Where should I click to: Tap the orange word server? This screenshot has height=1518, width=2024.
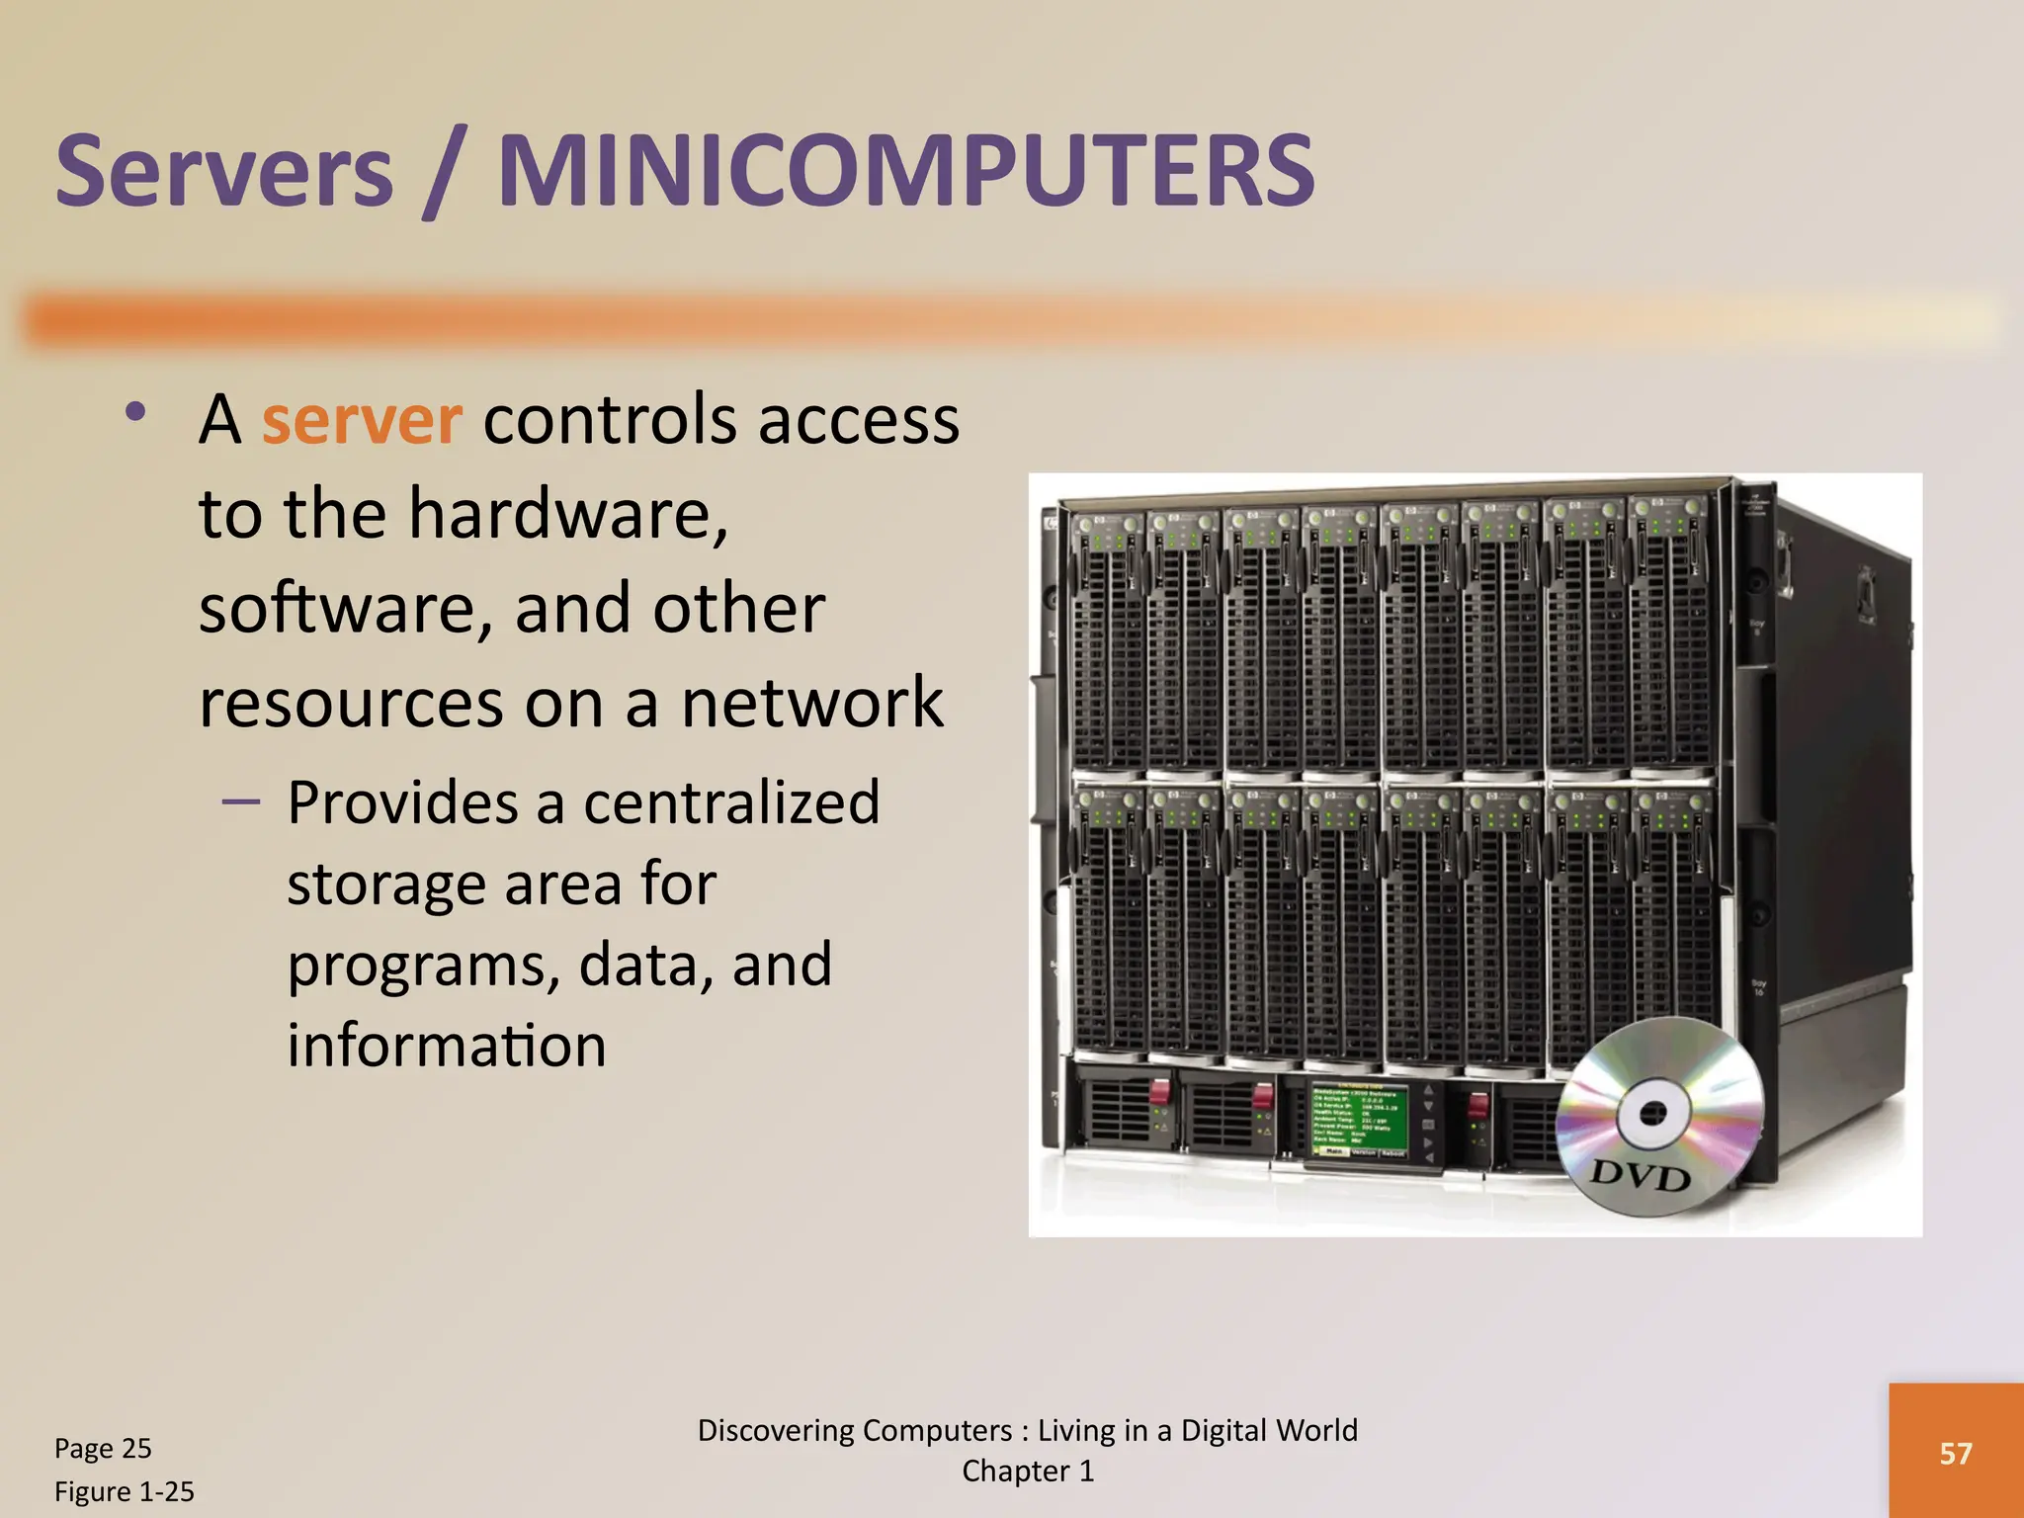(x=362, y=421)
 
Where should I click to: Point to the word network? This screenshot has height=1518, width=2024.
(x=811, y=703)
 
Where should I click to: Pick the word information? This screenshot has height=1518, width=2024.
(x=447, y=1046)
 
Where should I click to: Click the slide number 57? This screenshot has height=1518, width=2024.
(x=1956, y=1453)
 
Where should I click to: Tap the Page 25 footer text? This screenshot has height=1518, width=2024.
(x=103, y=1448)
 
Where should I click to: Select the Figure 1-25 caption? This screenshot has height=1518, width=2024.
(x=125, y=1491)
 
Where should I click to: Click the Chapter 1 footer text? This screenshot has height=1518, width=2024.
(x=1028, y=1472)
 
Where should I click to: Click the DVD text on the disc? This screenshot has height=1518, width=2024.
(x=1640, y=1176)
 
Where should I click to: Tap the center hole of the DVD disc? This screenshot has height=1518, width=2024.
(x=1651, y=1113)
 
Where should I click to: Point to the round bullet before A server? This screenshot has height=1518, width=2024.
(x=135, y=412)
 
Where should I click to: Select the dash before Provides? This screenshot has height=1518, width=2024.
(x=241, y=801)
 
